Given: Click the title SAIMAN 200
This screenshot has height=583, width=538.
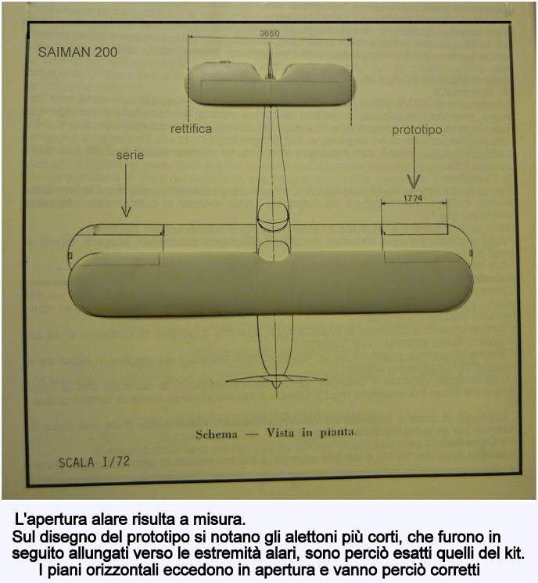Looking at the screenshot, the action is click(77, 52).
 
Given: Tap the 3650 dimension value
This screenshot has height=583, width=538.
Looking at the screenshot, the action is click(269, 34).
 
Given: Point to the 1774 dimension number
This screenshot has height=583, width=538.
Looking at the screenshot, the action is click(413, 198).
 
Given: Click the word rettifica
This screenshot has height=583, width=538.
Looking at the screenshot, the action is click(191, 129).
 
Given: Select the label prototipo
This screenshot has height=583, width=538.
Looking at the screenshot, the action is click(417, 130).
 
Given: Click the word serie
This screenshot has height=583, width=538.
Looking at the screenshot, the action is click(130, 155).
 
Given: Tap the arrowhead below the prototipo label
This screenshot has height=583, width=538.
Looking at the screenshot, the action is click(414, 181).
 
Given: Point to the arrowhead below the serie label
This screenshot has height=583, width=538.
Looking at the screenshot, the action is click(126, 211).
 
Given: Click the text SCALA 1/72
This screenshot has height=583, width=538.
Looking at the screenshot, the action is click(94, 462).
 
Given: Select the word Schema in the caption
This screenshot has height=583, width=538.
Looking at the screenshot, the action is click(217, 434).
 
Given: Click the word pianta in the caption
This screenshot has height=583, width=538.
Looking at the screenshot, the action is click(338, 433).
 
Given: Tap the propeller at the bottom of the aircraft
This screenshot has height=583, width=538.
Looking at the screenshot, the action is click(276, 380).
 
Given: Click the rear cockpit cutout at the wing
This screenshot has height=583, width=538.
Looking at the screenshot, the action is click(273, 251).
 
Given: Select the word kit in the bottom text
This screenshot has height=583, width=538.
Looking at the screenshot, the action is click(513, 553).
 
